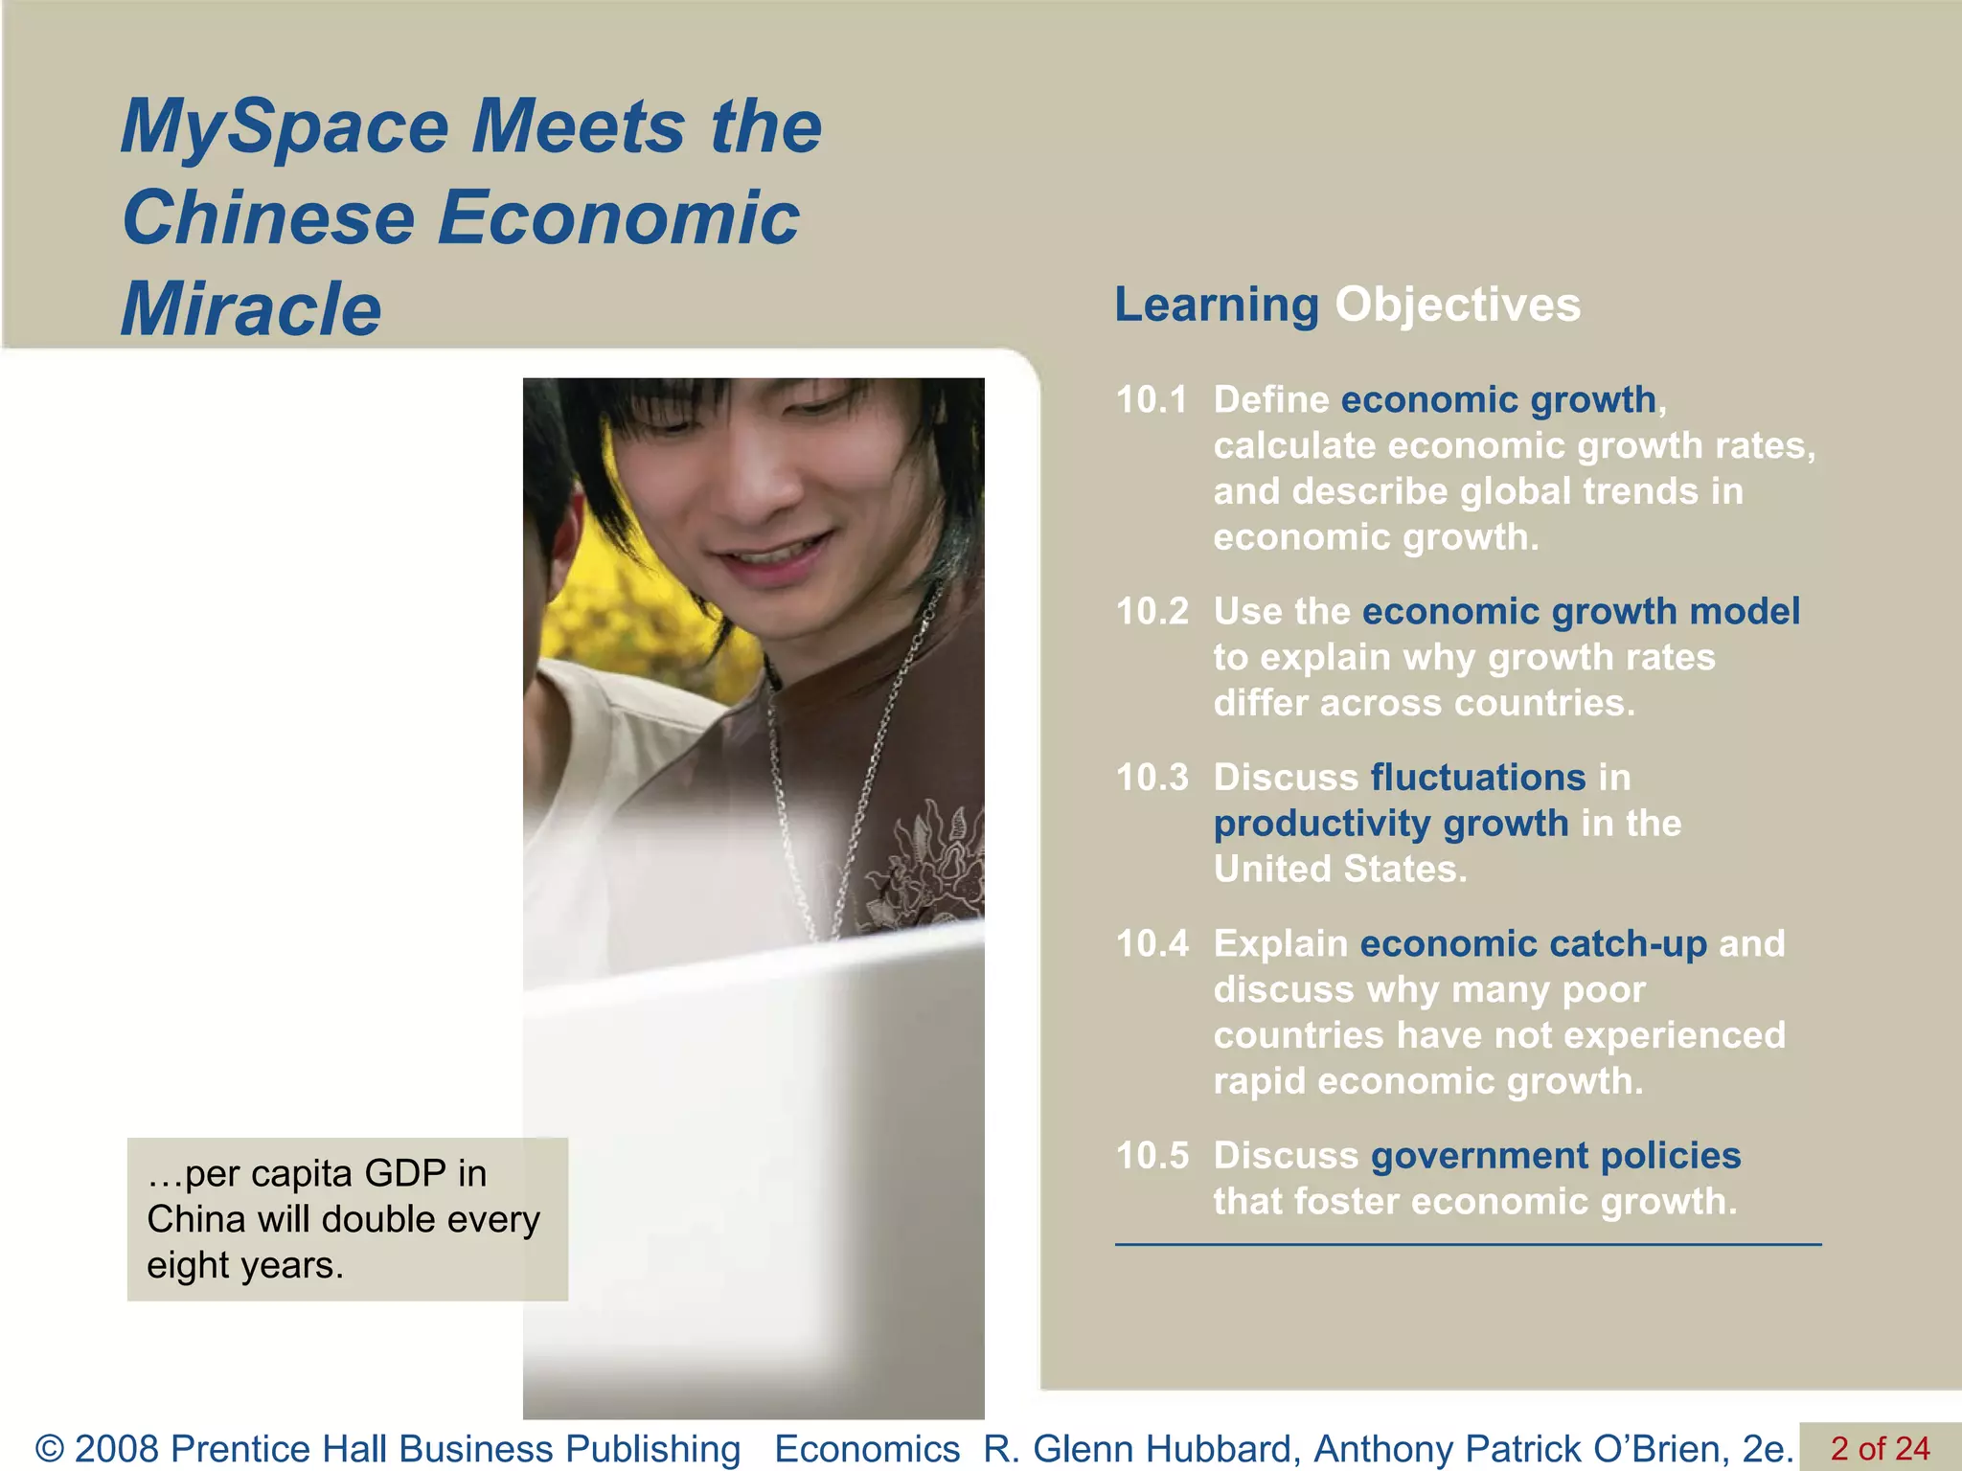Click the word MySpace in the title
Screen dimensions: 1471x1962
tap(285, 127)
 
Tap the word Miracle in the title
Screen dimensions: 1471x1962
tap(251, 309)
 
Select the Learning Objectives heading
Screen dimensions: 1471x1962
tap(1347, 305)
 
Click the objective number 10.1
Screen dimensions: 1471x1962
tap(1152, 400)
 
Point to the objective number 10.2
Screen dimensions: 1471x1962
tap(1152, 612)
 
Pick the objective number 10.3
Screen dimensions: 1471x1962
tap(1152, 778)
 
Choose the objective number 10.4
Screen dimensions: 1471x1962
tap(1152, 944)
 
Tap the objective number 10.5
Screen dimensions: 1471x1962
tap(1152, 1156)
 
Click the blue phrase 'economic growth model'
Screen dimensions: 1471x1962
tap(1581, 612)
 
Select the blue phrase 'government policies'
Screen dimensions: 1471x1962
tap(1556, 1156)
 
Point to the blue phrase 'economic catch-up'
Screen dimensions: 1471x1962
tap(1533, 944)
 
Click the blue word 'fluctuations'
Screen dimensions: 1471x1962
tap(1478, 778)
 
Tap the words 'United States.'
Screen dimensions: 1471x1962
tap(1339, 870)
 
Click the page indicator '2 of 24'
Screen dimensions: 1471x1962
tap(1880, 1448)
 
